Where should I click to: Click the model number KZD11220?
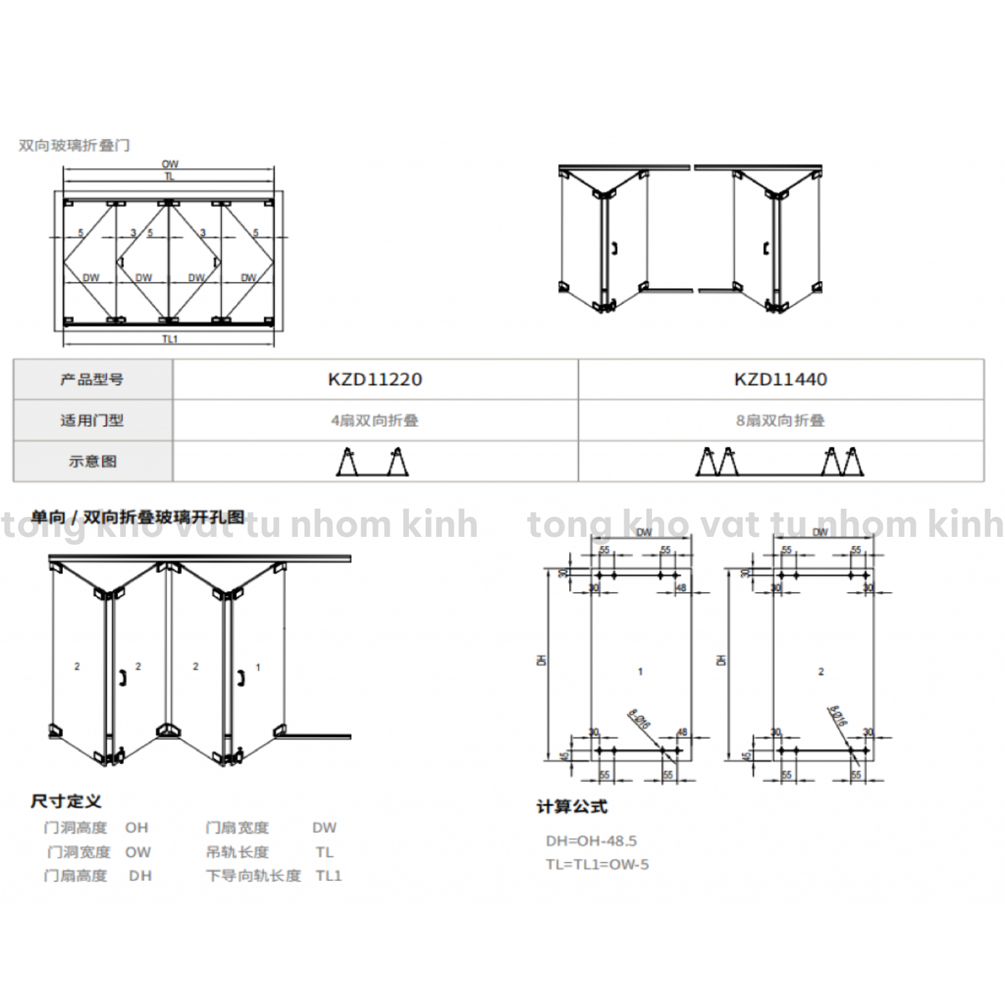375,379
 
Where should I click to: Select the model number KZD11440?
781,379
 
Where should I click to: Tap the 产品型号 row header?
92,379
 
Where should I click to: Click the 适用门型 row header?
92,421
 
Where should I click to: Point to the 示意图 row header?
92,461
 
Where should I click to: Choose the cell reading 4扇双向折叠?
375,421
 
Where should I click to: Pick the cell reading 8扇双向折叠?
781,421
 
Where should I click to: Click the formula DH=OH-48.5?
591,840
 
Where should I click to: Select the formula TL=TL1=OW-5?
597,864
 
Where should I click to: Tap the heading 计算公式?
572,806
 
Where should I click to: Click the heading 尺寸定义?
66,801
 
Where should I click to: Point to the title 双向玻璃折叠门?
74,145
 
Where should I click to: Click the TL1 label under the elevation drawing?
170,339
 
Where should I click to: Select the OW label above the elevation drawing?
170,165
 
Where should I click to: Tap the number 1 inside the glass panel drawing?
640,671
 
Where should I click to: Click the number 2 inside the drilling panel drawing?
820,671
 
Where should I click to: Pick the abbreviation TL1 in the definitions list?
329,876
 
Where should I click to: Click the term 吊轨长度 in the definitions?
237,852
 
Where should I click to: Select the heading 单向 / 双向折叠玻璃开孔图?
138,518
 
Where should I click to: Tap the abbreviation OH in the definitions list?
136,828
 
